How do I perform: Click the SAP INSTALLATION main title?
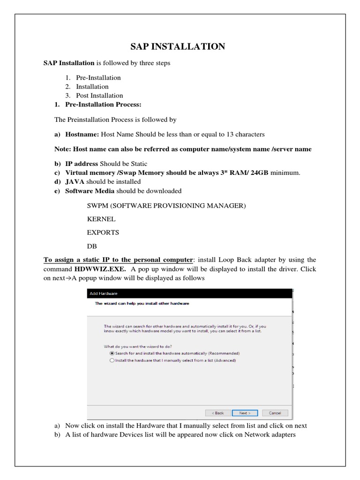[x=177, y=46]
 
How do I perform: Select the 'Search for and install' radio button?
[x=112, y=353]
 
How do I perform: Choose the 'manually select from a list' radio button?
[x=112, y=360]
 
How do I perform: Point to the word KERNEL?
[x=101, y=219]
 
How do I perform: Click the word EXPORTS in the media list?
[x=103, y=232]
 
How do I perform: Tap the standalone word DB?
[x=92, y=246]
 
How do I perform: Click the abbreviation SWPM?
[x=98, y=205]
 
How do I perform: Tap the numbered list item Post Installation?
[x=99, y=95]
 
